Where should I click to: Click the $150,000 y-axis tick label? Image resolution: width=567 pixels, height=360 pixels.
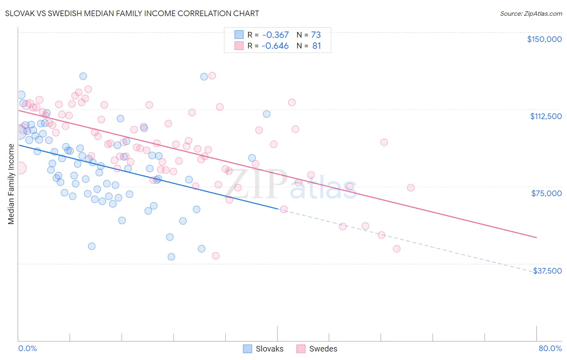click(544, 39)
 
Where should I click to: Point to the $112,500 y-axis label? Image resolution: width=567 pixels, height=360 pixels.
click(546, 116)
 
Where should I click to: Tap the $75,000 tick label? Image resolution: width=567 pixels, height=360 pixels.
click(546, 193)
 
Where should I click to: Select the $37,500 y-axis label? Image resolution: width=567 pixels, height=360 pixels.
click(547, 271)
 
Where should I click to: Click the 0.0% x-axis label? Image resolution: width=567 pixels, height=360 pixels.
click(27, 348)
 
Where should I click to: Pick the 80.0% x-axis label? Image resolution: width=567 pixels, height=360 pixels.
click(550, 348)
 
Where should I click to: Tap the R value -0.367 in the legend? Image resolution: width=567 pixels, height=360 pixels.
click(275, 35)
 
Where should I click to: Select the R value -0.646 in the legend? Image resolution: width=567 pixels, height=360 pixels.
click(275, 46)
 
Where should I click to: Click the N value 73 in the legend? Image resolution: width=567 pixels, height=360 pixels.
click(316, 35)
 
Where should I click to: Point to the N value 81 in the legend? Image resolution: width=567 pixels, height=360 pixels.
click(317, 46)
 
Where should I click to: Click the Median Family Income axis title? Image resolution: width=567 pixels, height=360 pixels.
click(11, 184)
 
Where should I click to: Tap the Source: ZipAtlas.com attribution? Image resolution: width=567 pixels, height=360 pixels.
click(531, 13)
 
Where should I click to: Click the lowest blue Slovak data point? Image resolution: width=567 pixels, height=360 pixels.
click(171, 257)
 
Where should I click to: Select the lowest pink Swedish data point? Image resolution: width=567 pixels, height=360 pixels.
click(216, 256)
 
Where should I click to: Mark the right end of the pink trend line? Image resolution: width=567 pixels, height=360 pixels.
click(536, 238)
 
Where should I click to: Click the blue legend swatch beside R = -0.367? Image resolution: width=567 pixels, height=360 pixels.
click(239, 35)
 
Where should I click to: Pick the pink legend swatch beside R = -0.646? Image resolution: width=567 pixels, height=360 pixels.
click(239, 46)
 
